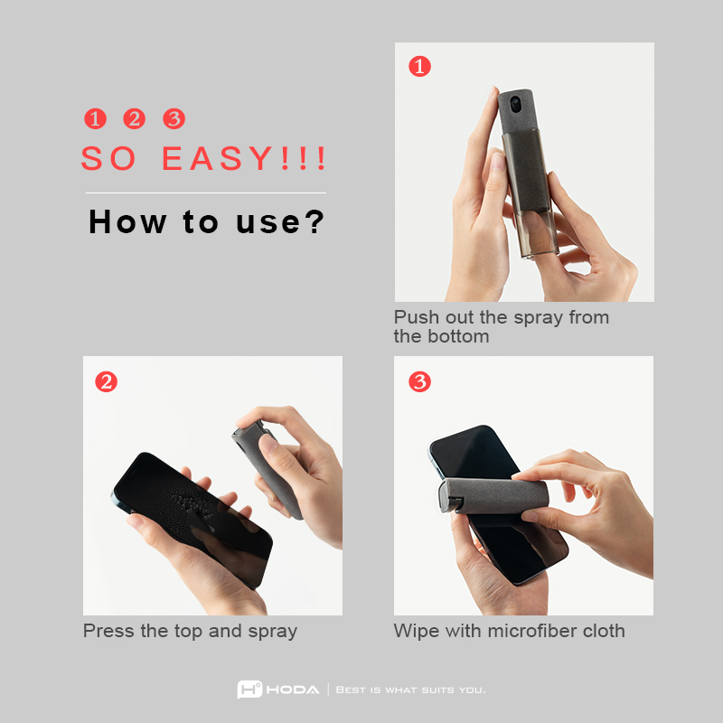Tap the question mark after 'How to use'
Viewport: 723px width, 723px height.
315,221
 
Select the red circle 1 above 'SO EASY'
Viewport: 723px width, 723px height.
96,118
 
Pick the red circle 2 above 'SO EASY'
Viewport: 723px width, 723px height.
134,118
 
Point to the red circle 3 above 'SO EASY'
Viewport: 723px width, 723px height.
174,118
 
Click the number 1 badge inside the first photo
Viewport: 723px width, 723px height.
419,66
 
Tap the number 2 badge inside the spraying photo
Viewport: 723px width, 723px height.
106,381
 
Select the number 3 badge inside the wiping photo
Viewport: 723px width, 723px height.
419,381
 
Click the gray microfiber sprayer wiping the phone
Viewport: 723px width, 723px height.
493,495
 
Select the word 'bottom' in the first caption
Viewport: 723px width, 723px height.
458,336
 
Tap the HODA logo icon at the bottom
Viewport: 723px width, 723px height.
249,690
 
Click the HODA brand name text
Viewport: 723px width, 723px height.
293,690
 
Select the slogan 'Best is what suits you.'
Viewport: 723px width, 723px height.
411,690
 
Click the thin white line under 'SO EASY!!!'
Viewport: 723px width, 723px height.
206,192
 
